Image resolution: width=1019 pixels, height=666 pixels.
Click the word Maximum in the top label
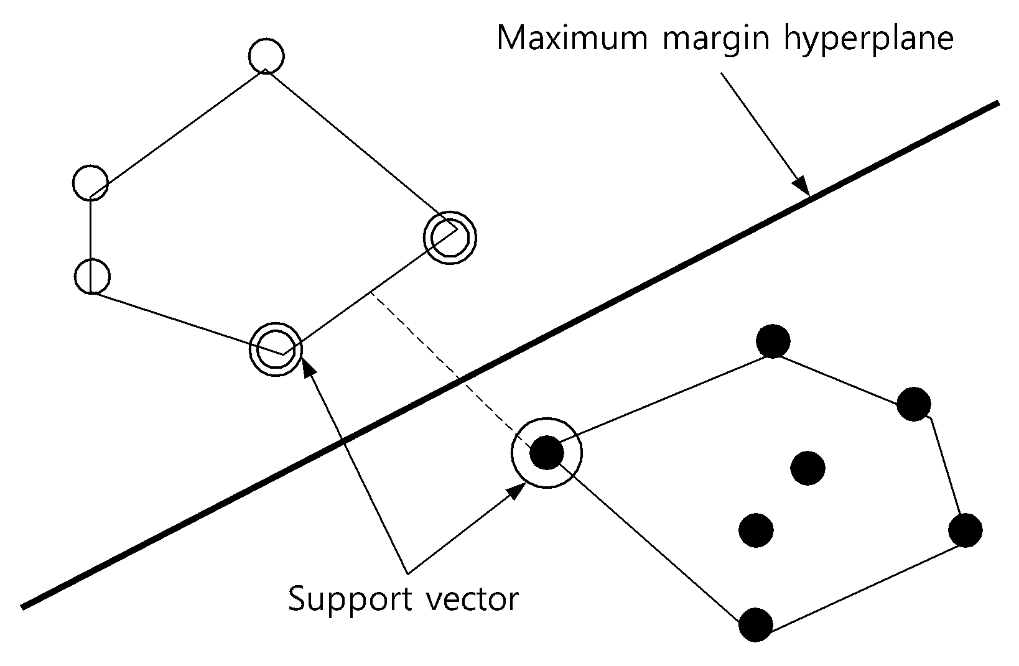(x=572, y=38)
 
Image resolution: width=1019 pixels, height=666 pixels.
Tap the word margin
(x=716, y=42)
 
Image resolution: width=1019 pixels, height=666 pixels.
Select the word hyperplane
(x=868, y=40)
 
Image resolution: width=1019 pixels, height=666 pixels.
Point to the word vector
(x=472, y=599)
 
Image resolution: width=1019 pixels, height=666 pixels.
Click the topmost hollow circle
(x=267, y=56)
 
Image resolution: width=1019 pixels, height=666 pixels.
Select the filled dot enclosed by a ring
(x=547, y=453)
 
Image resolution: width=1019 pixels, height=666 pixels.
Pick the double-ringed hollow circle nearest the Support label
(x=276, y=349)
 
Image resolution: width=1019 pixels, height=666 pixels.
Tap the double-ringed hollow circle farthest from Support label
(x=450, y=238)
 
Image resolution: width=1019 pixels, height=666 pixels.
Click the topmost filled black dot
(x=773, y=341)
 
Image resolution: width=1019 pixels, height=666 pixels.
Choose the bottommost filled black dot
(x=756, y=624)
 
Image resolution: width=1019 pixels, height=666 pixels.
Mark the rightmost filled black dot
(x=965, y=530)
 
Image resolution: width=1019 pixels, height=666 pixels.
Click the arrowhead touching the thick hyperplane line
(x=801, y=187)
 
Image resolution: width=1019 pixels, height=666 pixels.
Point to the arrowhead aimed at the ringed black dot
(x=517, y=491)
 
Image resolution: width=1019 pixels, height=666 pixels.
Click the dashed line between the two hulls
(x=450, y=369)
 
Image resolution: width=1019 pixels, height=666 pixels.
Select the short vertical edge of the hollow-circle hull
(x=91, y=244)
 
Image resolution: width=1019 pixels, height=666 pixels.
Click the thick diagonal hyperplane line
(x=510, y=355)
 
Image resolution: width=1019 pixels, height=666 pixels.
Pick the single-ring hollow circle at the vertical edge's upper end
(x=91, y=183)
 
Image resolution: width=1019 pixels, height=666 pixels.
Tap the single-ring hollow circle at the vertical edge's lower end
(x=92, y=276)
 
